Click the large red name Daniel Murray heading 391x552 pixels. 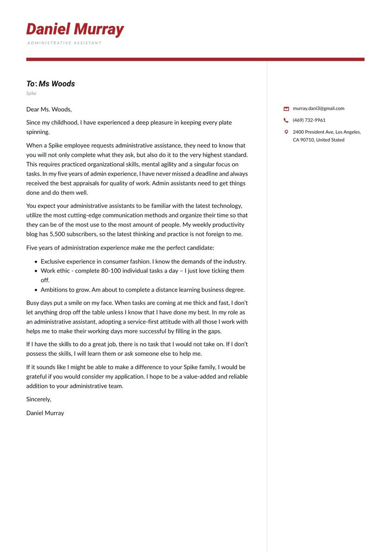(x=75, y=29)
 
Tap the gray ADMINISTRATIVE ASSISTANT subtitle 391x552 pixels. (x=64, y=43)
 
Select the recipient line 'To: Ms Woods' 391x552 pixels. (x=50, y=84)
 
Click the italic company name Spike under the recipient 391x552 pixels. (x=31, y=93)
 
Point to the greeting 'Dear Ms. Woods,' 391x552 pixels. (x=49, y=109)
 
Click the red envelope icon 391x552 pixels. (x=286, y=109)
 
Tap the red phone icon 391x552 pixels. (x=286, y=120)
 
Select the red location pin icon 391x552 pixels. (x=286, y=132)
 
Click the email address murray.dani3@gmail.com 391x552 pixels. (x=318, y=108)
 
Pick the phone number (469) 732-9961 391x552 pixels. (x=309, y=120)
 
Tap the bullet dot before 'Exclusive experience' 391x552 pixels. (x=36, y=262)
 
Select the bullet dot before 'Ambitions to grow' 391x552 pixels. (x=36, y=290)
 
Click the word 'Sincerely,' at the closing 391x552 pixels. (x=39, y=399)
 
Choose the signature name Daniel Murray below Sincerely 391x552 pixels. (x=45, y=413)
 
